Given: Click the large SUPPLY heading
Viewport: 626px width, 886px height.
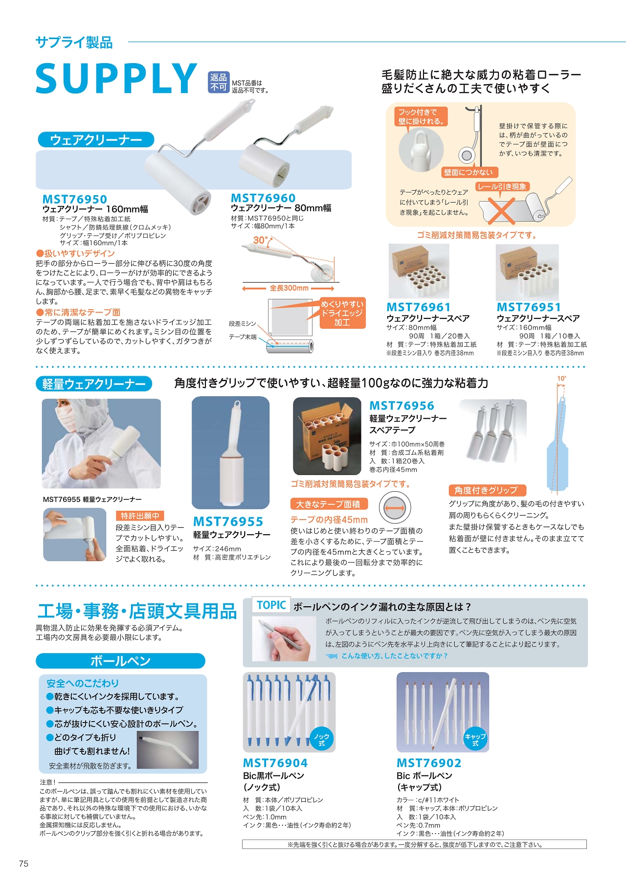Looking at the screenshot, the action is [116, 78].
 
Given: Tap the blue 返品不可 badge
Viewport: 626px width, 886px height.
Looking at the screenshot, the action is [219, 82].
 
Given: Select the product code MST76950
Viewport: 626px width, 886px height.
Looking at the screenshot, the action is [75, 199].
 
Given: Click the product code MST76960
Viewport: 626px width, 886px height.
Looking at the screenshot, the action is [263, 198].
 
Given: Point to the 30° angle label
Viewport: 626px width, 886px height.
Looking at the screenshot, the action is [261, 240].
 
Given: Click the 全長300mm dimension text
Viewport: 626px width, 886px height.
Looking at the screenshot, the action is [289, 288].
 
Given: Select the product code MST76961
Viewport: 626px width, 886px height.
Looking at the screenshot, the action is [419, 307].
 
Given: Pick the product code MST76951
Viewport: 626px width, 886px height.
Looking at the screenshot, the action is [529, 307].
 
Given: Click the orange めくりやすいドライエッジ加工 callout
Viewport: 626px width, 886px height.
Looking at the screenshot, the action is [342, 314].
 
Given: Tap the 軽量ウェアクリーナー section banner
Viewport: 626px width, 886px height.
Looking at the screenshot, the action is [94, 384].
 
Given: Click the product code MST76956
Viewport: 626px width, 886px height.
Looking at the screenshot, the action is [402, 406].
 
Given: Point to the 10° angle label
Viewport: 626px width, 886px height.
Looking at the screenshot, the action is [561, 378].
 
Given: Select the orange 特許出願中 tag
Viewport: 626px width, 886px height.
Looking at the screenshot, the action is [140, 516].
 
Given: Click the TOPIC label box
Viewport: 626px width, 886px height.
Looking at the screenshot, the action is [271, 605].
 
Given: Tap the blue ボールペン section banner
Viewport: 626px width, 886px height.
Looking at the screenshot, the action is [120, 661].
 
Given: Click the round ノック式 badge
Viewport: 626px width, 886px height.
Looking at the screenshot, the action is [322, 739].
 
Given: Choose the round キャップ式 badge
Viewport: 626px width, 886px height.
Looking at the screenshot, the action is [475, 739].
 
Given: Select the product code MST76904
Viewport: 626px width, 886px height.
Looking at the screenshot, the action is [275, 763].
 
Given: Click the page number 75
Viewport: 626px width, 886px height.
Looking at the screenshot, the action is [23, 864].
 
